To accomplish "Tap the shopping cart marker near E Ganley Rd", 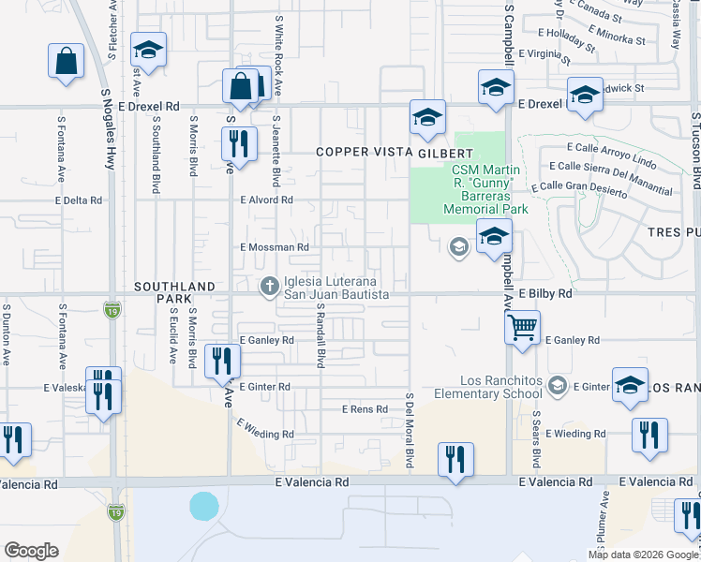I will (x=523, y=328).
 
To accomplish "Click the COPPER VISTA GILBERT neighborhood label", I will (x=394, y=152).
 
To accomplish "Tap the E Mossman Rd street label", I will (x=275, y=247).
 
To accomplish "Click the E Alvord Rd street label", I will (x=267, y=200).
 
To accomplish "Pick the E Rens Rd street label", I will (x=364, y=409).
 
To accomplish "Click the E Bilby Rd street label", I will (x=543, y=293).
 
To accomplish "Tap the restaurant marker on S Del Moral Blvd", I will (x=455, y=460).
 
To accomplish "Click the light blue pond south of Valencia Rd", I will (x=204, y=507).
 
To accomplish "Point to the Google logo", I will (x=31, y=550).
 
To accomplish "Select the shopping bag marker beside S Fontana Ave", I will (x=67, y=62).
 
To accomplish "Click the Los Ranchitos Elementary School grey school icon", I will (x=559, y=387).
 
